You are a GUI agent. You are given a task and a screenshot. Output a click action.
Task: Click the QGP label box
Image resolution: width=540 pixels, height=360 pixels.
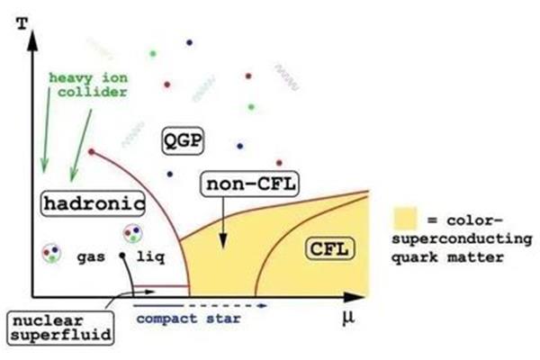coord(183,140)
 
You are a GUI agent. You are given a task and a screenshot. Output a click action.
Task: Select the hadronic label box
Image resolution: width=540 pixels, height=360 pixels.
coord(93,203)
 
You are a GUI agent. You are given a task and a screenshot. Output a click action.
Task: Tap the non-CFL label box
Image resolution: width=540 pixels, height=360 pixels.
coord(250,184)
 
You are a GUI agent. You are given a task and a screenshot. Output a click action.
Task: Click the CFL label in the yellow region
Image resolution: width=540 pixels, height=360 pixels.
coord(329,248)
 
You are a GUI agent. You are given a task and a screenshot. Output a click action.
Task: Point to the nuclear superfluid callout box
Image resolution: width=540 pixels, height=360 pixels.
coord(60,328)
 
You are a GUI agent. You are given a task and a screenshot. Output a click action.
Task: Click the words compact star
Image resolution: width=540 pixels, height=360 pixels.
coord(188,319)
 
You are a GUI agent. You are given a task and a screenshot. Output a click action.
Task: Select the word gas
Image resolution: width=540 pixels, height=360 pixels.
coord(91,257)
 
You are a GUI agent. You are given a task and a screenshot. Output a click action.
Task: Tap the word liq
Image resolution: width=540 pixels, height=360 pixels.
coord(151,256)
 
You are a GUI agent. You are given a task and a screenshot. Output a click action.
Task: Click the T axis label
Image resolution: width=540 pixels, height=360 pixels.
coord(22,23)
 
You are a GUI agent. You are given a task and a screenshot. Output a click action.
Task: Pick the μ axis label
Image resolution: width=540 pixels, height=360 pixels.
coord(348,318)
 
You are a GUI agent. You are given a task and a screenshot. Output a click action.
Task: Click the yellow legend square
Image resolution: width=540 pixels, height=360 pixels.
coord(405,219)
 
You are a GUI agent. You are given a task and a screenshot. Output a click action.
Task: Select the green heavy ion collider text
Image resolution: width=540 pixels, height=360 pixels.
coord(88,85)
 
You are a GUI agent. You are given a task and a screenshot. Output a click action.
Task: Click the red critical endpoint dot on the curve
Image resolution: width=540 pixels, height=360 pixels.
coord(91,151)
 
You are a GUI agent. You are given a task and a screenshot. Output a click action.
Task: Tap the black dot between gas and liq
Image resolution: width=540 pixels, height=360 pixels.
coord(121,256)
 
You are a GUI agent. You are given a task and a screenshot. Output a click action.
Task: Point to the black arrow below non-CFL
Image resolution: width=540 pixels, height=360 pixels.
coord(223,222)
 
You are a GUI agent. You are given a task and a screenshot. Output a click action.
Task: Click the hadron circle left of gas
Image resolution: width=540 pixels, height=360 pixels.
coord(51,254)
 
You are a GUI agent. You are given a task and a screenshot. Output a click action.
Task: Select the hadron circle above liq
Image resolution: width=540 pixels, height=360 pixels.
coord(133,233)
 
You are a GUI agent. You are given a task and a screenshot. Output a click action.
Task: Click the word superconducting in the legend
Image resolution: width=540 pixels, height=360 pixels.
coord(463,239)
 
